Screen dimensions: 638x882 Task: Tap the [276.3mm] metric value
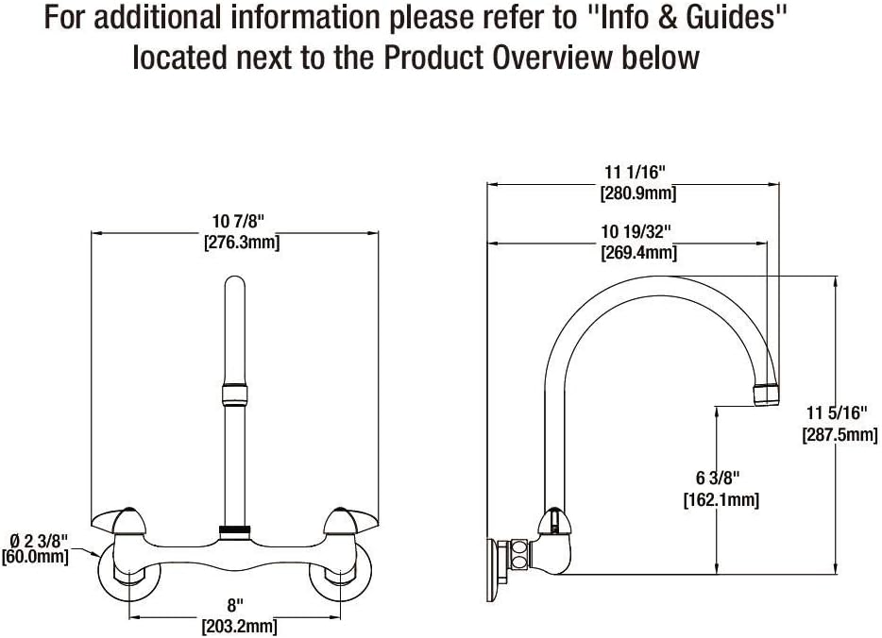241,242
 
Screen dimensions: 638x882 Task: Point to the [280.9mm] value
637,194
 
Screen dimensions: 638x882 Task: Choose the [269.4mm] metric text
637,252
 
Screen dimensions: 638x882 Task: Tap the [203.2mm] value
238,625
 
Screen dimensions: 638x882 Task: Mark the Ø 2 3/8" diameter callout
35,539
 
